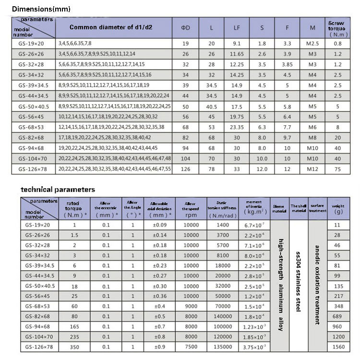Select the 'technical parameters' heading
pyautogui.click(x=57, y=190)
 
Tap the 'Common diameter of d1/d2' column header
pyautogui.click(x=115, y=27)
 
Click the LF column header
pyautogui.click(x=237, y=28)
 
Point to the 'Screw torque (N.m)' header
pyautogui.click(x=337, y=28)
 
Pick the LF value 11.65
pyautogui.click(x=237, y=53)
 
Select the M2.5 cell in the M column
pyautogui.click(x=312, y=43)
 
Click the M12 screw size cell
pyautogui.click(x=312, y=168)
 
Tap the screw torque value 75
pyautogui.click(x=337, y=168)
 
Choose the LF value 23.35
pyautogui.click(x=237, y=127)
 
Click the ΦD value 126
pyautogui.click(x=186, y=168)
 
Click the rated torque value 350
pyautogui.click(x=74, y=347)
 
